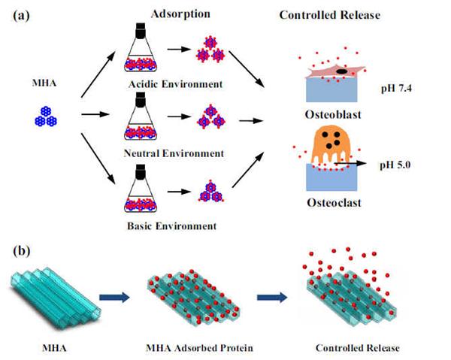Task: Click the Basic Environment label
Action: point(175,225)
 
